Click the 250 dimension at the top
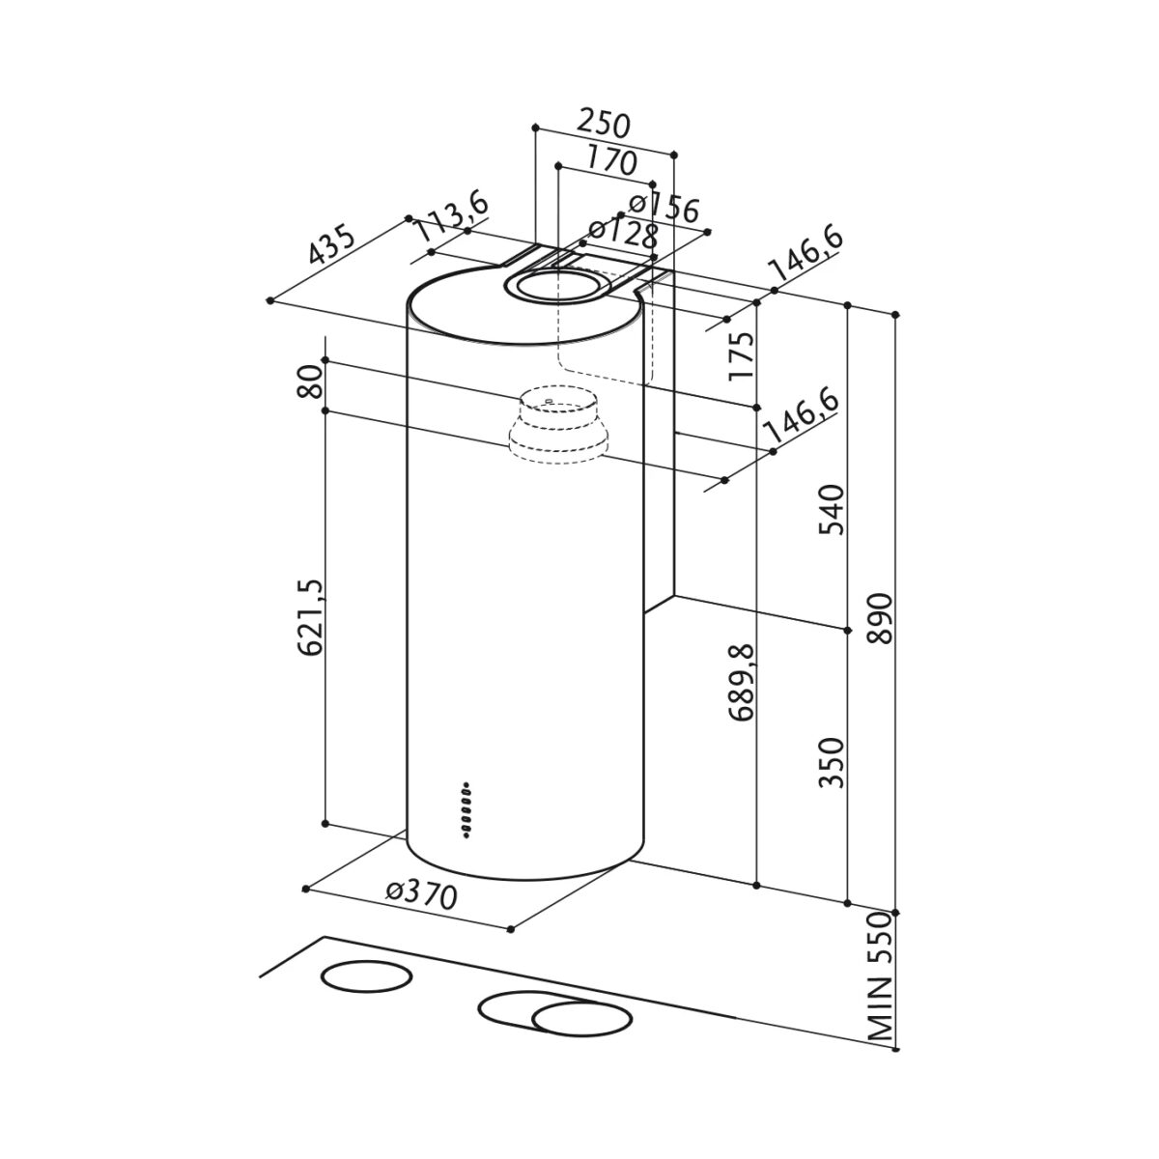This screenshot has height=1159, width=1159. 604,125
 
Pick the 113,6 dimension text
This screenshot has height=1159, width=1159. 449,217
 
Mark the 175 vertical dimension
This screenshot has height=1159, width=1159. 741,355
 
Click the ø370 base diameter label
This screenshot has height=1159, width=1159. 420,894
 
